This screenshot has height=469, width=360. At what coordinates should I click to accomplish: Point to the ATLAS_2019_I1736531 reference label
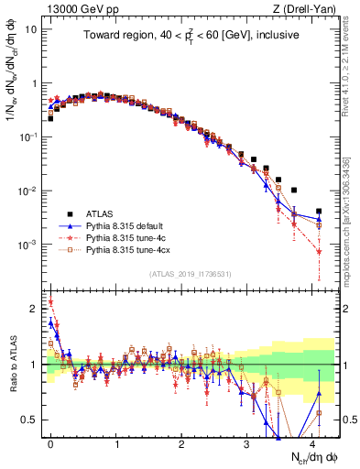tap(191, 274)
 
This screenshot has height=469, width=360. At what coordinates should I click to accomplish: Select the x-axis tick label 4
tap(313, 442)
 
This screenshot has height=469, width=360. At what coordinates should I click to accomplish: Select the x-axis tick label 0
tap(51, 442)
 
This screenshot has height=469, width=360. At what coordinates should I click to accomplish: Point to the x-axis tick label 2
tap(182, 442)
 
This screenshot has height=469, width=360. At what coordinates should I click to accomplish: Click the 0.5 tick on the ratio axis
tap(31, 420)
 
